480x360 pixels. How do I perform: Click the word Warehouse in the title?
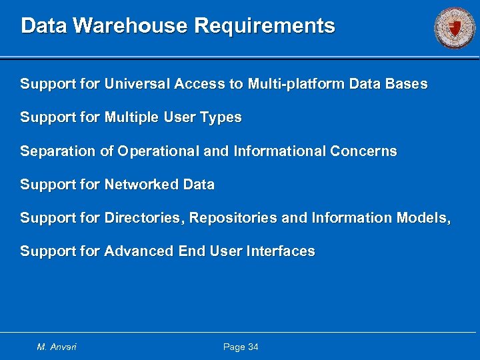point(131,26)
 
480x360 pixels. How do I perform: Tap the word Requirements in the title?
point(265,26)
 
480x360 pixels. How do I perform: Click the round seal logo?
point(455,27)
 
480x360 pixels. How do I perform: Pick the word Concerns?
point(363,151)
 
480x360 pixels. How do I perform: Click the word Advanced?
point(139,251)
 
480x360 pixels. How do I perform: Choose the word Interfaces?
point(281,251)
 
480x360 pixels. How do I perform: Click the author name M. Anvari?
point(57,347)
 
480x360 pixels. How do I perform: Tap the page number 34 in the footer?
point(253,347)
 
